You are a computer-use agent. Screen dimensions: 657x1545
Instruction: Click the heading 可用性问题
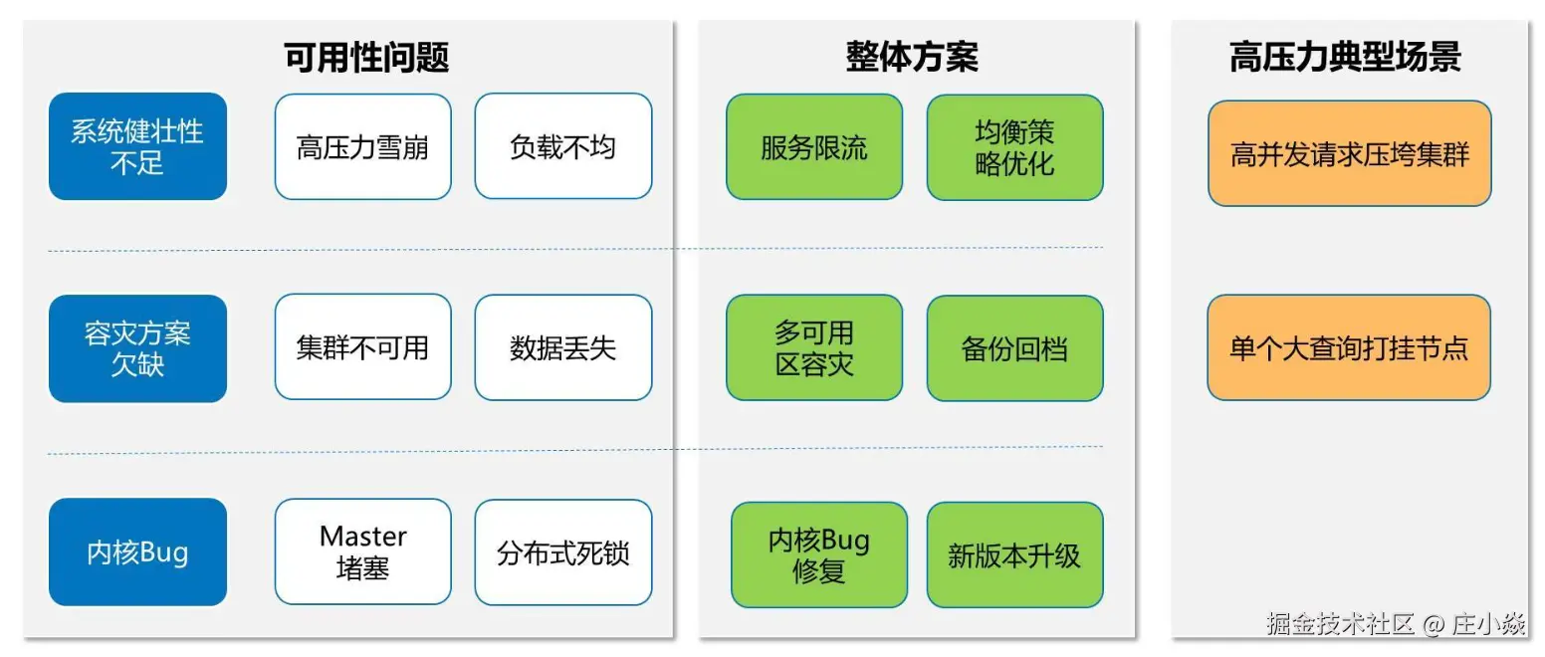click(x=367, y=57)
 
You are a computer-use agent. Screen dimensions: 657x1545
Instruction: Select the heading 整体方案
click(x=912, y=57)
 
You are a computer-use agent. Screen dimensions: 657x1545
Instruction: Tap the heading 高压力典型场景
click(x=1345, y=57)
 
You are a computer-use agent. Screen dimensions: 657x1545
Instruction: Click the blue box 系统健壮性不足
click(x=137, y=146)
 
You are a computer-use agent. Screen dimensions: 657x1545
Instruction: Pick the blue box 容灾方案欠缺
click(x=137, y=348)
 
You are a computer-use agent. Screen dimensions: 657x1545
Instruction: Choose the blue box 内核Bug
click(x=137, y=551)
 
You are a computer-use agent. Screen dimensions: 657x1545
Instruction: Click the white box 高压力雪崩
click(x=362, y=146)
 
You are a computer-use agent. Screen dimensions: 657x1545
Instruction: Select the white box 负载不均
click(x=562, y=146)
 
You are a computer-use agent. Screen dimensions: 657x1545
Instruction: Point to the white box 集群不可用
click(x=362, y=346)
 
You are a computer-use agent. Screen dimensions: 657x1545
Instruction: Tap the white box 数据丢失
click(x=562, y=346)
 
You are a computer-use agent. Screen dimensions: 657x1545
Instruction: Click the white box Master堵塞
click(x=362, y=551)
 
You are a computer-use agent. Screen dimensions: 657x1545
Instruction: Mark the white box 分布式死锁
click(x=562, y=551)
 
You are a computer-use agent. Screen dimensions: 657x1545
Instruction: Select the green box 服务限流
click(x=813, y=146)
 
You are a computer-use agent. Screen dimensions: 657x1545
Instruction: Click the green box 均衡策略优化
click(x=1014, y=146)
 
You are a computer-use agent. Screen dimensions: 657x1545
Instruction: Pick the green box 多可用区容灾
click(x=813, y=347)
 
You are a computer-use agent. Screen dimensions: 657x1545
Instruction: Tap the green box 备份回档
click(x=1014, y=347)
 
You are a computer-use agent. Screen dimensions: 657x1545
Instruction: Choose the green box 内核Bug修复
click(x=818, y=554)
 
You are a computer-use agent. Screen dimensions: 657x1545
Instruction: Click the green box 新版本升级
click(x=1014, y=554)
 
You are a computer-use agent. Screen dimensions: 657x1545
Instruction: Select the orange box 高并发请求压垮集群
click(x=1349, y=153)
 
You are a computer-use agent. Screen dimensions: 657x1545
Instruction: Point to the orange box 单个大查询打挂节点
click(x=1349, y=347)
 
